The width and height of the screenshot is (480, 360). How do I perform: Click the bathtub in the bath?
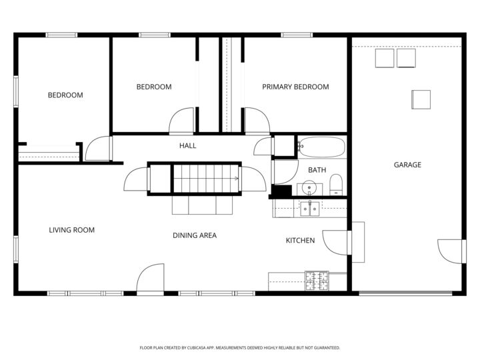[321, 146]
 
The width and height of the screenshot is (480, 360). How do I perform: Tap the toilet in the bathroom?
[336, 183]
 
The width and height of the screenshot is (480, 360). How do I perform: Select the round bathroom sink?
[309, 189]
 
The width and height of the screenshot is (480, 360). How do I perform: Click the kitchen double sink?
[309, 209]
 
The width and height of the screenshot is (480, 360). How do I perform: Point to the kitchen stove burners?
[317, 281]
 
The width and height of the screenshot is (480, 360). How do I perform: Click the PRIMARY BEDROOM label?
[295, 87]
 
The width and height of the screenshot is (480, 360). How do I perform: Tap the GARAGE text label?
[407, 165]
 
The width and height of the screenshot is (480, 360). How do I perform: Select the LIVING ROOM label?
[71, 230]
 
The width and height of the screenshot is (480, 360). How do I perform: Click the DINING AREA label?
[195, 235]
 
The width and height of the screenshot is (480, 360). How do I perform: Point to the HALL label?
[187, 145]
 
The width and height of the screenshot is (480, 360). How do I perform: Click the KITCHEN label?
[300, 240]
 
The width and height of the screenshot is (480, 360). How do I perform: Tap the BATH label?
[317, 170]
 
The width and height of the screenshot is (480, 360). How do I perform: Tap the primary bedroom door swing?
[257, 120]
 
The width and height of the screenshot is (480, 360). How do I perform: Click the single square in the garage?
[421, 99]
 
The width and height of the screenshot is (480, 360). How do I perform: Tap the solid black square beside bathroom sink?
[282, 191]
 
